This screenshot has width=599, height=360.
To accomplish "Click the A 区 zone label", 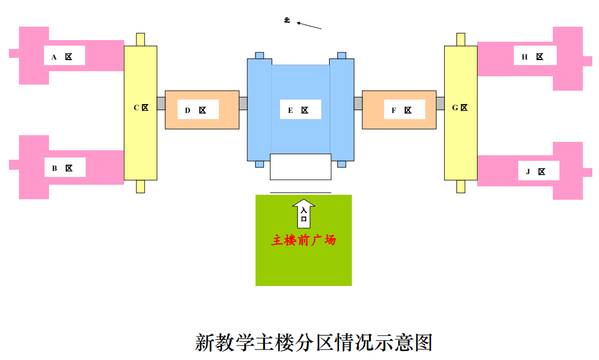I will pyautogui.click(x=65, y=56).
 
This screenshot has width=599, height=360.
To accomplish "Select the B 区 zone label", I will pyautogui.click(x=65, y=167).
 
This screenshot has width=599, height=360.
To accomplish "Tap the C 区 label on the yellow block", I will pyautogui.click(x=141, y=107).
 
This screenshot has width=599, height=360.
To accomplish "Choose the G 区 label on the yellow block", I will pyautogui.click(x=460, y=107).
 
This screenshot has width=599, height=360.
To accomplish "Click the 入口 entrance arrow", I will pyautogui.click(x=304, y=214).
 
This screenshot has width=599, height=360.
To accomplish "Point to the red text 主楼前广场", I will pyautogui.click(x=303, y=240).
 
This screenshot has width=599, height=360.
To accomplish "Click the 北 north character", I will pyautogui.click(x=287, y=21).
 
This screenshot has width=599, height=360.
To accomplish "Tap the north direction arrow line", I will pyautogui.click(x=310, y=26).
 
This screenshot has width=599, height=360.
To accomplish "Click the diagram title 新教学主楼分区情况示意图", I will pyautogui.click(x=314, y=342).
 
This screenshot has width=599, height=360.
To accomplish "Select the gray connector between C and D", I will pyautogui.click(x=161, y=103).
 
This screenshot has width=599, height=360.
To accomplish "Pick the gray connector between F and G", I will pyautogui.click(x=440, y=103).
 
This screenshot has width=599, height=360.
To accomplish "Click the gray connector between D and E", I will pyautogui.click(x=243, y=103).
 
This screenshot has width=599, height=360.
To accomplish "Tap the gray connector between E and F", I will pyautogui.click(x=358, y=103).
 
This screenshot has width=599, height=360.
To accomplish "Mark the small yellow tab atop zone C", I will pyautogui.click(x=140, y=40).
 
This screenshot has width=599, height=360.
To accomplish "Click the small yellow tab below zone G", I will pyautogui.click(x=460, y=186).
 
